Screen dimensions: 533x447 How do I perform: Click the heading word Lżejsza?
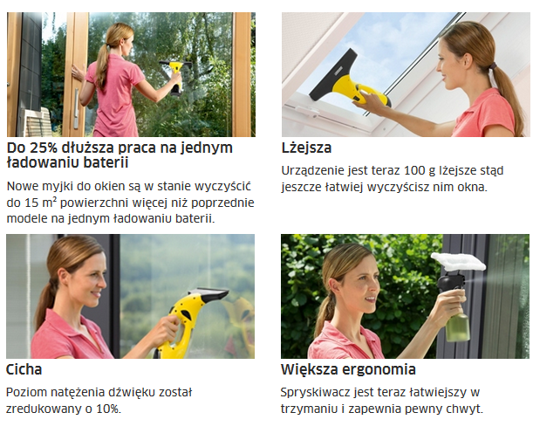pos(306,148)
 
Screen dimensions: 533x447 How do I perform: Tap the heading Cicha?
pos(24,369)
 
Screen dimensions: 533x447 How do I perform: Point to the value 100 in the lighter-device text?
pos(414,170)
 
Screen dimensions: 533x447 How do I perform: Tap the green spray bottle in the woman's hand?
pos(458,326)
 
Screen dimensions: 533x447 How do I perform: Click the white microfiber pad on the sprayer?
pos(458,261)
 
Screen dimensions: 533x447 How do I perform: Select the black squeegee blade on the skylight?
pos(333,76)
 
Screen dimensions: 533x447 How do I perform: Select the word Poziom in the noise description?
pos(25,392)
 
